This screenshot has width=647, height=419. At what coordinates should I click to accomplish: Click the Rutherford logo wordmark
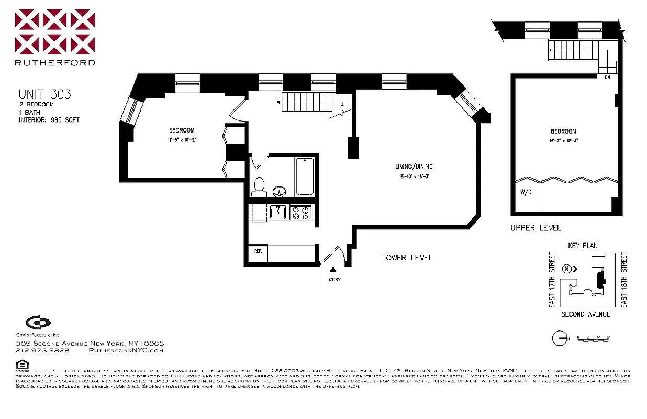(x=55, y=62)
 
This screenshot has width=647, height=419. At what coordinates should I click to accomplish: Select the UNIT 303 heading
(x=44, y=95)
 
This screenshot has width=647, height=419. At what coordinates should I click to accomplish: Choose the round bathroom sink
(x=281, y=191)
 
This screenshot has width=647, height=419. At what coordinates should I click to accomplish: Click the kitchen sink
(x=277, y=212)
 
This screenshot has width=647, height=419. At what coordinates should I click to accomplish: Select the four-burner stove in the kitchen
(x=301, y=212)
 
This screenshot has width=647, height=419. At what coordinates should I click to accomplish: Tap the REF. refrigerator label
(x=258, y=251)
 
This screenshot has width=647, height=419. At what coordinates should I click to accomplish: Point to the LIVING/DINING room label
(x=414, y=167)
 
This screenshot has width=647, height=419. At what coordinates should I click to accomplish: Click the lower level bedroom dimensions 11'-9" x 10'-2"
(x=182, y=140)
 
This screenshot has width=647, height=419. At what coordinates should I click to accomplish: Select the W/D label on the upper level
(x=526, y=192)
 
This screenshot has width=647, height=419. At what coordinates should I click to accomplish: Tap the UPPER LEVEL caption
(x=536, y=228)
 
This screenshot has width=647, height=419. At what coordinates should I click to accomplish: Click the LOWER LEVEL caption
(x=407, y=258)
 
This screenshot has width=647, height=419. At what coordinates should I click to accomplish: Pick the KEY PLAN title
(x=583, y=245)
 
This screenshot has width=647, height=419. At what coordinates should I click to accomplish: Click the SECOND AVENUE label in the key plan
(x=586, y=314)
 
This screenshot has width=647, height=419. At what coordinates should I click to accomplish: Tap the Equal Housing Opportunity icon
(x=21, y=365)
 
